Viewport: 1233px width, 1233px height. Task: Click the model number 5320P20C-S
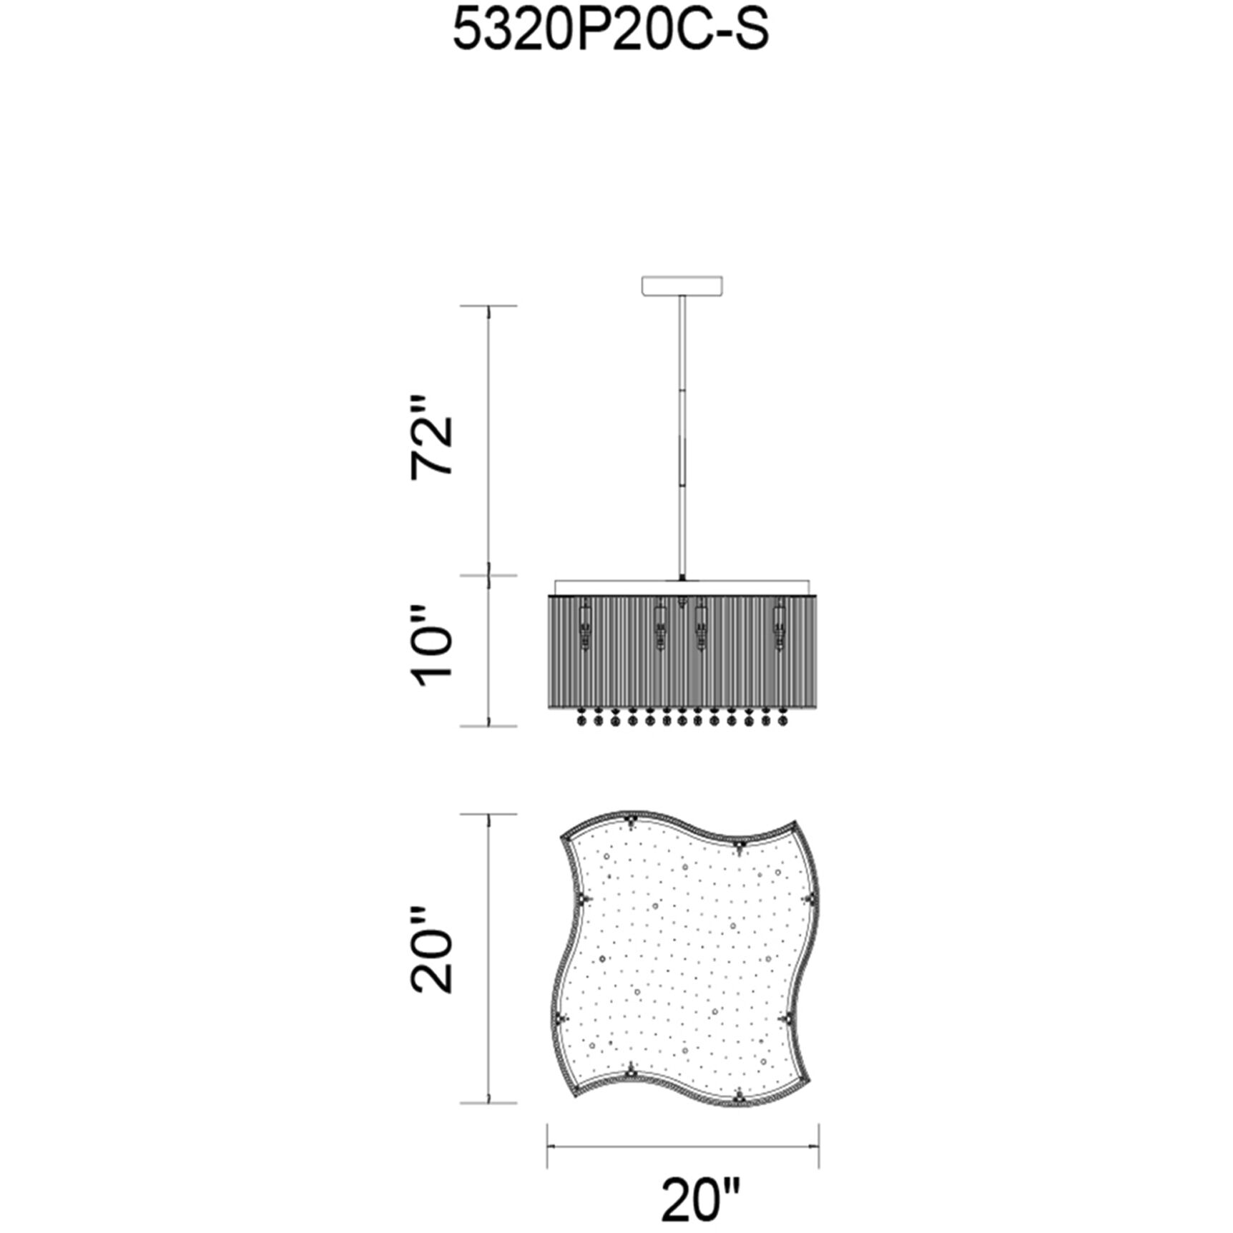pyautogui.click(x=611, y=31)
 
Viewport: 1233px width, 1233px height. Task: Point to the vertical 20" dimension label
pyautogui.click(x=433, y=950)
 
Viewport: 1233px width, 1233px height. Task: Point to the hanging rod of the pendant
pyautogui.click(x=683, y=436)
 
